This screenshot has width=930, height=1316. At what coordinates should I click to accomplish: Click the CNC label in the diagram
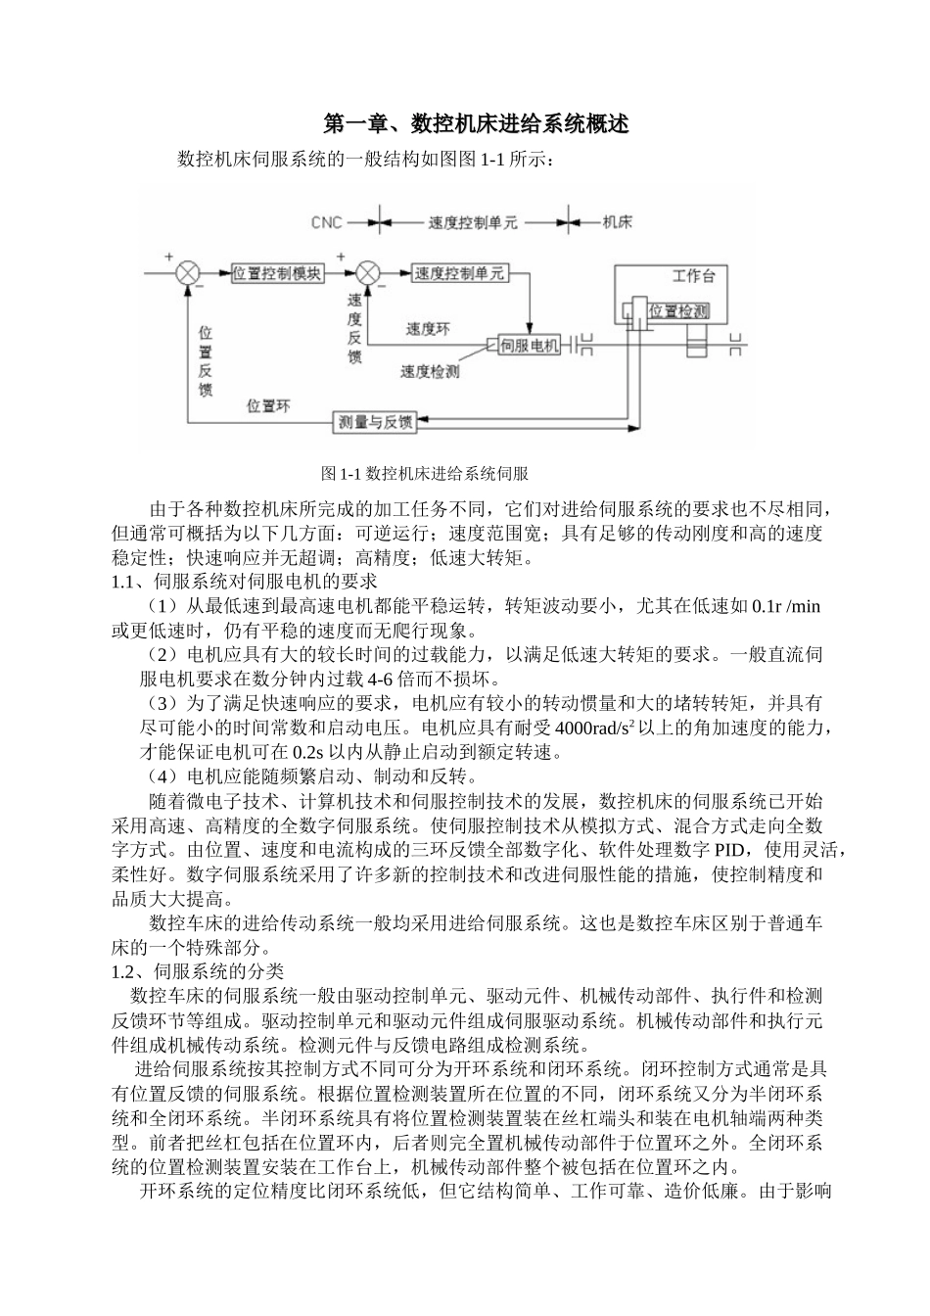(x=326, y=222)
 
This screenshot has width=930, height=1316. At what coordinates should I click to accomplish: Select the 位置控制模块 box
(x=277, y=274)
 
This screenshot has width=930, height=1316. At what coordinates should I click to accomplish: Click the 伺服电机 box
(x=529, y=346)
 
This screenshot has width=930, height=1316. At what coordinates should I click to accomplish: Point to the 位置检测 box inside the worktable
(x=678, y=311)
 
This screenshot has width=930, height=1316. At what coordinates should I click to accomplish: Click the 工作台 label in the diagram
(x=693, y=275)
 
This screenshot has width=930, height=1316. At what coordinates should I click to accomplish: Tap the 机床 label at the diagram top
(x=617, y=222)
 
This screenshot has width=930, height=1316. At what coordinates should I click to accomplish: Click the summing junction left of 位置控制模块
(x=187, y=273)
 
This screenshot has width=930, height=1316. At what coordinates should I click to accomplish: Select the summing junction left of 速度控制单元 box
(x=368, y=273)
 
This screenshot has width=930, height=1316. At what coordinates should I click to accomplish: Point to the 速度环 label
(x=428, y=330)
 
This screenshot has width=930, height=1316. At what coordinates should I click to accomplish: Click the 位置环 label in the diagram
(x=268, y=405)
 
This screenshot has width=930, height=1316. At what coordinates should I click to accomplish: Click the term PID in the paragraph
(x=731, y=848)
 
